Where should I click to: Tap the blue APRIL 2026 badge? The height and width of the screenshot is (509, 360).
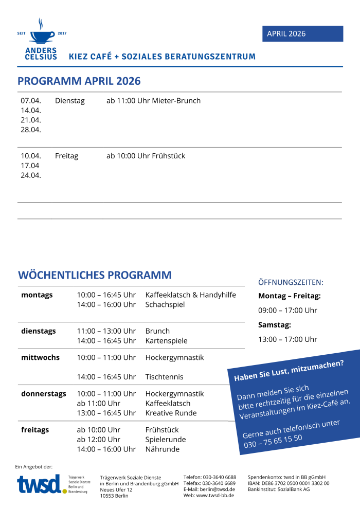click(302, 34)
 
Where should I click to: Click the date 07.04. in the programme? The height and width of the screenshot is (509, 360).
click(31, 101)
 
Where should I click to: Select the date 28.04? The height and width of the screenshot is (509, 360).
click(31, 130)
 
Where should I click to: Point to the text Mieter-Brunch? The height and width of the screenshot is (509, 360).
click(176, 101)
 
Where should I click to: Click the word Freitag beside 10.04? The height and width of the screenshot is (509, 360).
click(67, 156)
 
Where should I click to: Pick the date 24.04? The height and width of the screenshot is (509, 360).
click(31, 175)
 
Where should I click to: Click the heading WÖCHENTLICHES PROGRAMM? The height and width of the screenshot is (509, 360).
click(95, 275)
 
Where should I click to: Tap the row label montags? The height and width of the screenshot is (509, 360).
click(37, 295)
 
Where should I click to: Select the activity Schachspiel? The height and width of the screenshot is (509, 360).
click(165, 304)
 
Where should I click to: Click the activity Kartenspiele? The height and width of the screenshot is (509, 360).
click(167, 341)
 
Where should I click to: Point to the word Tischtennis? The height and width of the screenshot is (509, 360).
click(165, 377)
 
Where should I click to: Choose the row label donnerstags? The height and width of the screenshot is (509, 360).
click(44, 394)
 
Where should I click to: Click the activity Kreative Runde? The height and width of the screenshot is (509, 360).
click(171, 413)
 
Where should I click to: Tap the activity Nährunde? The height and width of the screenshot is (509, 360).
click(163, 449)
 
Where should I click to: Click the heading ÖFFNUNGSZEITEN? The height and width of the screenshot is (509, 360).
click(291, 282)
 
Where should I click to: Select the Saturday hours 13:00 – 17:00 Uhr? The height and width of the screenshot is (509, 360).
click(288, 339)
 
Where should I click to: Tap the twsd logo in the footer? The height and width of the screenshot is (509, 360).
click(40, 484)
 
